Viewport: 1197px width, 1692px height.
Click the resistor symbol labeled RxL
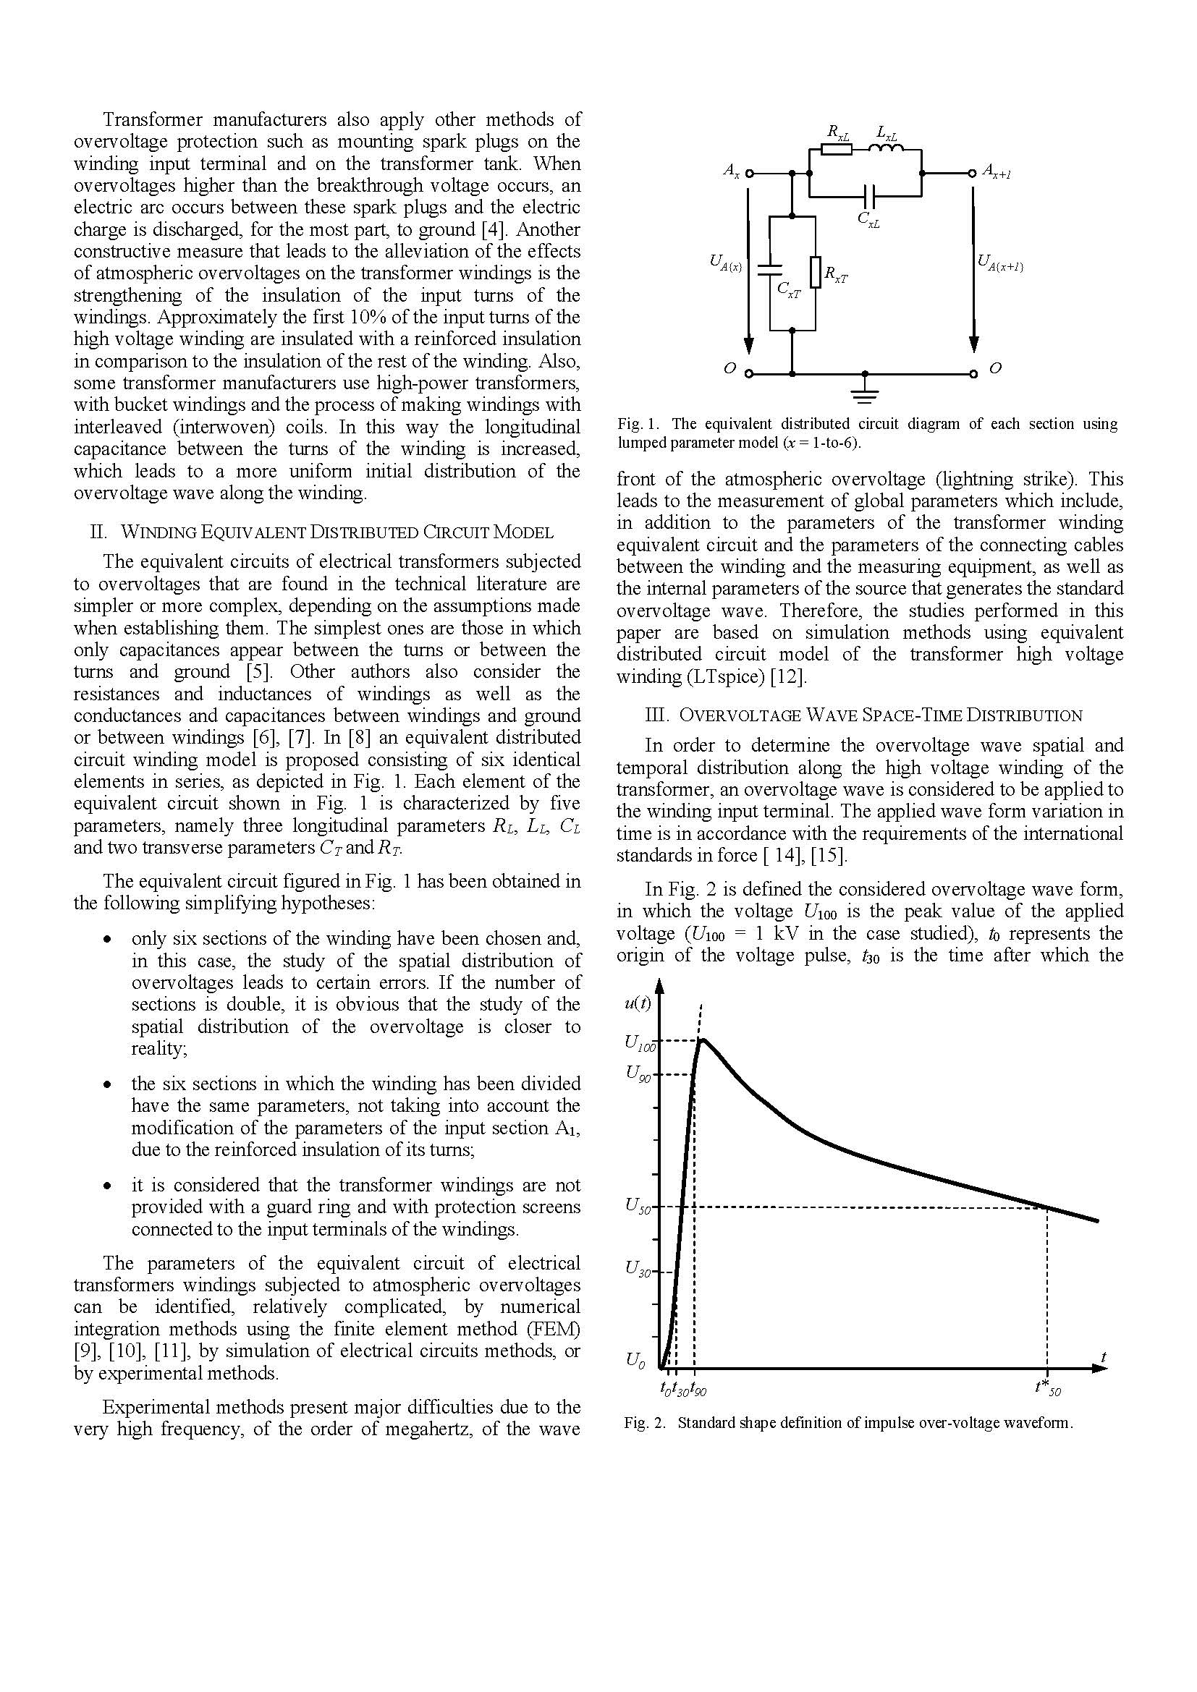tap(837, 150)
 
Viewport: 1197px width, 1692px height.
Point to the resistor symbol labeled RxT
tap(816, 271)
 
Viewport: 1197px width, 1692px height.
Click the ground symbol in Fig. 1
tap(866, 396)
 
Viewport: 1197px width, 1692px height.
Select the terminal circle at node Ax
tap(750, 174)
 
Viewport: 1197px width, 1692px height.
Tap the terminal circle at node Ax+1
tap(973, 174)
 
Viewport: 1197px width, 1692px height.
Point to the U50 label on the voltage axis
tap(638, 1206)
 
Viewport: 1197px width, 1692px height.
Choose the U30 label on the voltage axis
tap(638, 1269)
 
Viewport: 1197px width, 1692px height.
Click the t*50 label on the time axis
tap(1047, 1387)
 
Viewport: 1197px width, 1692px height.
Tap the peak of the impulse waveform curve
tap(703, 1040)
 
